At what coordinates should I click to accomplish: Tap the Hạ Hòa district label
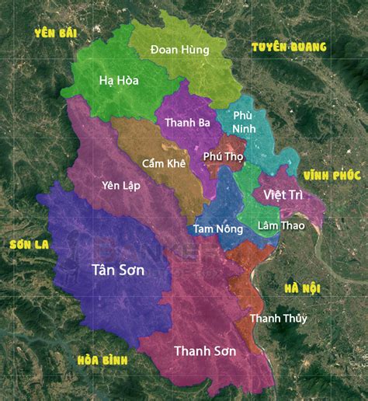(120, 80)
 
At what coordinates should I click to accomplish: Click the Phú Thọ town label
(223, 156)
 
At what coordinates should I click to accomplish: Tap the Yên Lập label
(120, 185)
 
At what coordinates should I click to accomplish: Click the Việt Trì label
(283, 194)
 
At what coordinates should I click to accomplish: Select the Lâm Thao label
(281, 226)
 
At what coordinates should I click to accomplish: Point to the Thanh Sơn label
(205, 350)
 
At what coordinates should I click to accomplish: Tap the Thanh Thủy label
(278, 319)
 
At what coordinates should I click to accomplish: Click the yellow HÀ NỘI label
(302, 288)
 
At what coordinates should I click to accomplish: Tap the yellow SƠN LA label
(30, 244)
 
